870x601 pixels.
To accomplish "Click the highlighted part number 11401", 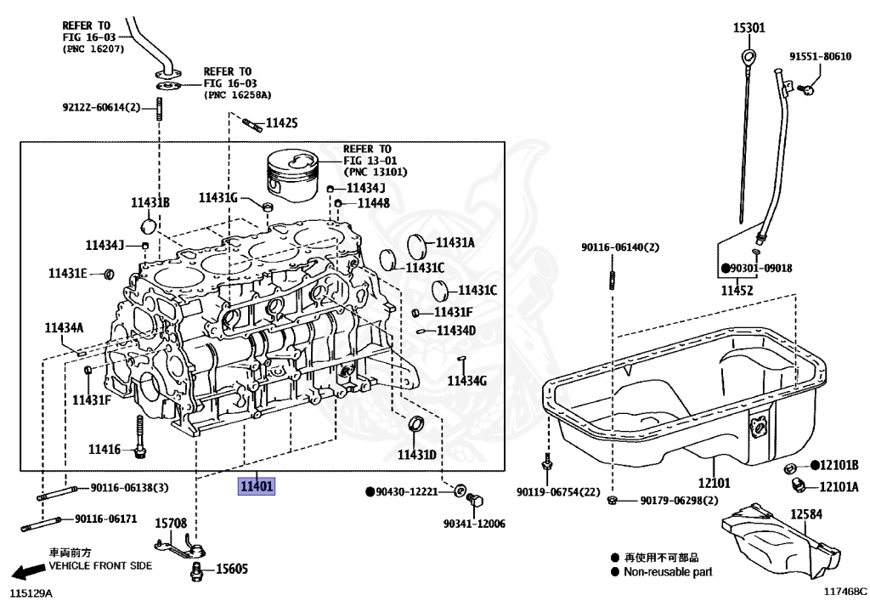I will pyautogui.click(x=256, y=487).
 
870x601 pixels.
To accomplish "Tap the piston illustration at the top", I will pyautogui.click(x=292, y=177).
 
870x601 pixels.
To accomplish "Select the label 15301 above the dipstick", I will pyautogui.click(x=749, y=28).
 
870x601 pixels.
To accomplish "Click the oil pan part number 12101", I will pyautogui.click(x=714, y=484).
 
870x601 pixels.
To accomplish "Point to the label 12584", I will pyautogui.click(x=808, y=514).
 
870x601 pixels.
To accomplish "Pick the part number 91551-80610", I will pyautogui.click(x=820, y=56).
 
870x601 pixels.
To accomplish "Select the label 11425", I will pyautogui.click(x=282, y=124).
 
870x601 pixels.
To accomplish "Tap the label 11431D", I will pyautogui.click(x=416, y=455).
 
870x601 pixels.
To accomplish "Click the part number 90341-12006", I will pyautogui.click(x=474, y=524).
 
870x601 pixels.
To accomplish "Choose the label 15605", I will pyautogui.click(x=232, y=569).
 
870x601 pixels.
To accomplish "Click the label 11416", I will pyautogui.click(x=105, y=449).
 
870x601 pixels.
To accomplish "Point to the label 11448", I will pyautogui.click(x=373, y=203).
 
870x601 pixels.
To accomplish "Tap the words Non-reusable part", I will pyautogui.click(x=668, y=572).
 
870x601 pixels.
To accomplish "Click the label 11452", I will pyautogui.click(x=737, y=291).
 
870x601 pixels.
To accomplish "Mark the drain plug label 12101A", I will pyautogui.click(x=839, y=487).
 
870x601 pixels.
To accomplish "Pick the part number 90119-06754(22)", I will pyautogui.click(x=558, y=492).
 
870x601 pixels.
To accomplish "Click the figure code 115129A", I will pyautogui.click(x=31, y=591).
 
